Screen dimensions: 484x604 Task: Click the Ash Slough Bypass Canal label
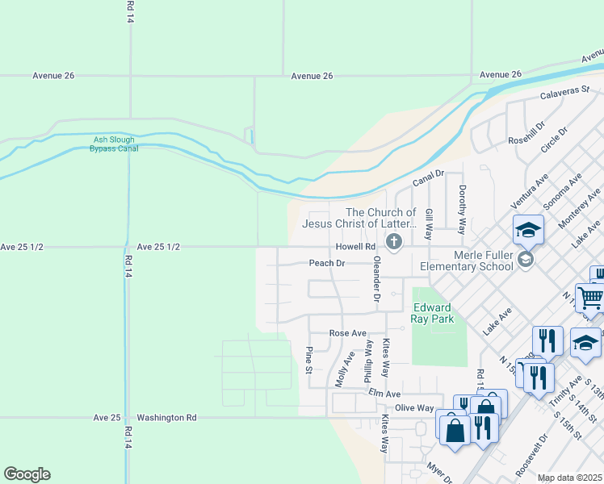point(114,144)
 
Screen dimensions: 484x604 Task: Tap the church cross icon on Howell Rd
point(394,241)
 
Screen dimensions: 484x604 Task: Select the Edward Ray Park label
point(434,313)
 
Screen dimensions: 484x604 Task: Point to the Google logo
point(27,474)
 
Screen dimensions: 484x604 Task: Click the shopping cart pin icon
point(590,298)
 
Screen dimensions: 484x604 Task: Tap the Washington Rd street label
point(166,418)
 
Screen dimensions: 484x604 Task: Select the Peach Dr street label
point(327,263)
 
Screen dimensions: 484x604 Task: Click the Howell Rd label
point(356,247)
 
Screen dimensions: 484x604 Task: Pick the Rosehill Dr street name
point(527,132)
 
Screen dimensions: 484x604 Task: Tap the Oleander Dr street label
point(376,279)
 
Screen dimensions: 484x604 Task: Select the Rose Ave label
point(347,333)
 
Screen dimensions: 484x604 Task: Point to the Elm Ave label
point(385,394)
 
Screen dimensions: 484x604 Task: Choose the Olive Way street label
point(413,408)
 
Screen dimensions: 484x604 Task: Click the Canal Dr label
point(429,173)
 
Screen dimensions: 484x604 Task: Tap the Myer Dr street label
point(438,469)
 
